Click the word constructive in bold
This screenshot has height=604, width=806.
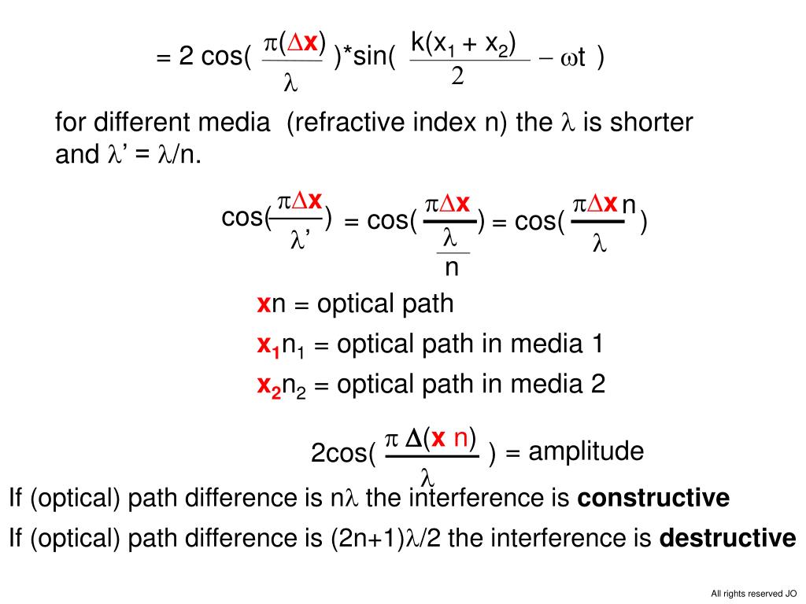pos(653,499)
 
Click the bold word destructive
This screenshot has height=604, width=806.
pos(727,539)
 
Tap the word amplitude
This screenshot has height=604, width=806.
pos(586,452)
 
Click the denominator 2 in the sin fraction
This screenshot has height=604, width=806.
pos(457,77)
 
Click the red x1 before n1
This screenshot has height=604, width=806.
pos(268,345)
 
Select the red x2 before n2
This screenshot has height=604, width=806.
pos(268,386)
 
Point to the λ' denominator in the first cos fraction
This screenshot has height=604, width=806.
pos(301,240)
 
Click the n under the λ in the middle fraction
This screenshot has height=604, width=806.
pos(452,268)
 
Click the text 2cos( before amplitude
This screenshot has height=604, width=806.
pos(343,454)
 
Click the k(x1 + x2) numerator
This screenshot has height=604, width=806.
pos(464,45)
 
